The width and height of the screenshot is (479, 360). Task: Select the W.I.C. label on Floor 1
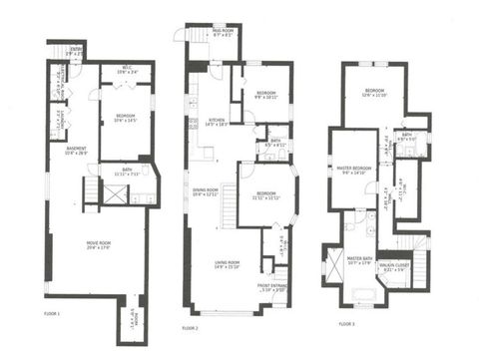(x=127, y=70)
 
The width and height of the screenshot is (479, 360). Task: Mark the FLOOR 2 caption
(x=190, y=326)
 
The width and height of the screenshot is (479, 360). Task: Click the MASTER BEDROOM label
(x=355, y=169)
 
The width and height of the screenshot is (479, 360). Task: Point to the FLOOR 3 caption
(x=345, y=323)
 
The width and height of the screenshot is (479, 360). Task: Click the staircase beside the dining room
(x=228, y=208)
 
